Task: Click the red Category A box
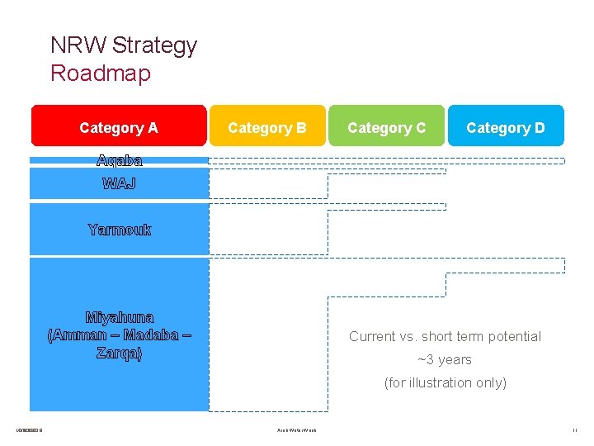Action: point(119,127)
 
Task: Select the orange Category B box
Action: point(267,127)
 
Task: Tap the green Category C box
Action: point(386,127)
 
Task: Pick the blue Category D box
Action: point(506,127)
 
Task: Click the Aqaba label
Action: point(119,160)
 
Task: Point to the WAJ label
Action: point(119,183)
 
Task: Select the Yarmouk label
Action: point(119,230)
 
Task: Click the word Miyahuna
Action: point(120,317)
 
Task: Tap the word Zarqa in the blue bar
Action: point(119,353)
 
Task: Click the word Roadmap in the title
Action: point(101,74)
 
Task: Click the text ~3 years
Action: point(445,359)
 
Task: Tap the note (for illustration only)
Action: point(445,382)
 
